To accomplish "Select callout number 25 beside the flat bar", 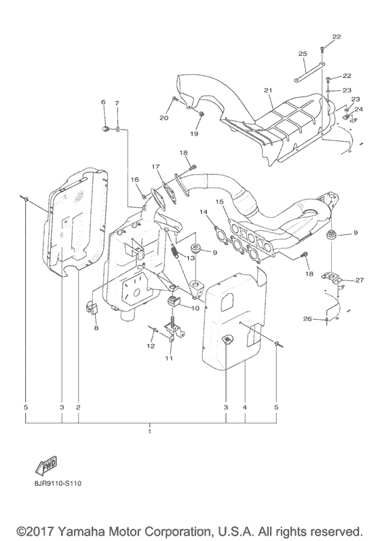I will [303, 54].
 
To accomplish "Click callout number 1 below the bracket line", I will [150, 431].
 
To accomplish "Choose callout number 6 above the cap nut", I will [104, 102].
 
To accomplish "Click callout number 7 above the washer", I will [117, 102].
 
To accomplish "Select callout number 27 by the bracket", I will [359, 280].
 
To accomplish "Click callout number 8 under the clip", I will [96, 328].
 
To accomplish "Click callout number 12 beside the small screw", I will [151, 346].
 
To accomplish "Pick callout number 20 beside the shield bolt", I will [164, 118].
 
